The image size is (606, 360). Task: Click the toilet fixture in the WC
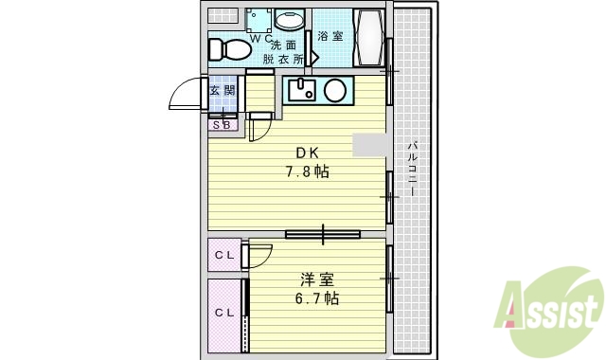[225, 48]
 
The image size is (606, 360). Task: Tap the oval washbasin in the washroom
[289, 19]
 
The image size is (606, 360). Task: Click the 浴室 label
[330, 36]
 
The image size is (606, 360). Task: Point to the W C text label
[261, 37]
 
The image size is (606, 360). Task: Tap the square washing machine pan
[258, 20]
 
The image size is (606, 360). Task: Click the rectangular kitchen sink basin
[302, 91]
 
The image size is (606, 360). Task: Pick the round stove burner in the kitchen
[334, 91]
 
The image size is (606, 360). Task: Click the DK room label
[308, 153]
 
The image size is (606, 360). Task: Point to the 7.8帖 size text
[308, 171]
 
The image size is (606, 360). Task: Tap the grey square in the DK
[369, 144]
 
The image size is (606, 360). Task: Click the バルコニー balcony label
[414, 168]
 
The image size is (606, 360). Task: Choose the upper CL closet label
[223, 255]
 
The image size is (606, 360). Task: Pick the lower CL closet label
[223, 313]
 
